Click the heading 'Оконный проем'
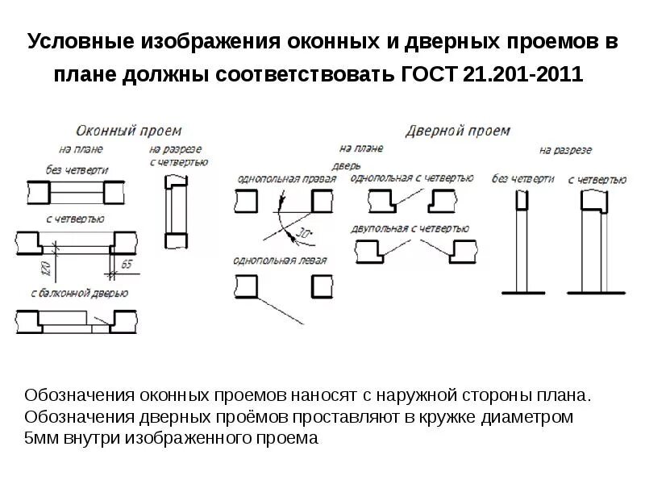(129, 130)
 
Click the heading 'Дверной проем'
(457, 130)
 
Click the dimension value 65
(126, 264)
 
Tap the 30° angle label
(303, 233)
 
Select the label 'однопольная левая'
(279, 261)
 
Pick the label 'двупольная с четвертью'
(410, 228)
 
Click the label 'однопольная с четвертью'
(410, 177)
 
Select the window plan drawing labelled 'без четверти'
(77, 192)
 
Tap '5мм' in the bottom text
(40, 439)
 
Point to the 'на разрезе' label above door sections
(565, 150)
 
